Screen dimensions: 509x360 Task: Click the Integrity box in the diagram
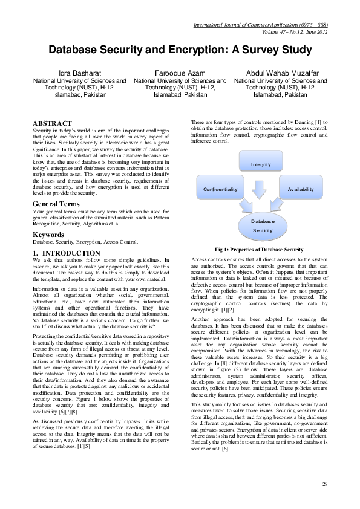[261, 164]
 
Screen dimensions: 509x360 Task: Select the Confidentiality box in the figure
[220, 189]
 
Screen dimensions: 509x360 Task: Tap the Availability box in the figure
[301, 189]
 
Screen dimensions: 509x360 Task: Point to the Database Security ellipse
[262, 226]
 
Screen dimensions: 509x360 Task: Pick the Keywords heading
[49, 233]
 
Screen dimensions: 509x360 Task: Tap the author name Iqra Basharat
[79, 72]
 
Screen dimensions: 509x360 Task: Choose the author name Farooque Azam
[180, 72]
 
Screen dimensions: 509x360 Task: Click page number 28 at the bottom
[325, 485]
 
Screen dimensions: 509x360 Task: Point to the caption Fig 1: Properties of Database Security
[258, 250]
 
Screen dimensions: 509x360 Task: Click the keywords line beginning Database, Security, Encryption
[85, 241]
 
